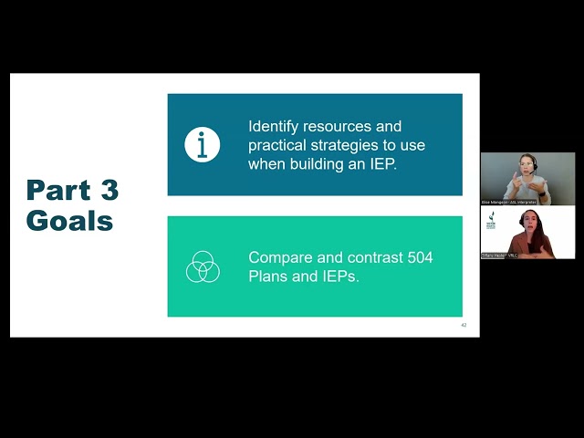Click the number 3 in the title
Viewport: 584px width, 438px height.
pyautogui.click(x=109, y=191)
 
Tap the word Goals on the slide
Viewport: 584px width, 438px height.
pyautogui.click(x=69, y=221)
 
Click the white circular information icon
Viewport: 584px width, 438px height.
pyautogui.click(x=203, y=145)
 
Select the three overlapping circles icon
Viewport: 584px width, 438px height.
pyautogui.click(x=203, y=266)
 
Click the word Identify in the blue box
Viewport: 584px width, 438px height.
pyautogui.click(x=276, y=127)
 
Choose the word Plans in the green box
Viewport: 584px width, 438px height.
pyautogui.click(x=268, y=276)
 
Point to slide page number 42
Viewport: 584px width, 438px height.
pyautogui.click(x=464, y=325)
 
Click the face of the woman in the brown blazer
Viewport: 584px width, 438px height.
pyautogui.click(x=528, y=222)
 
